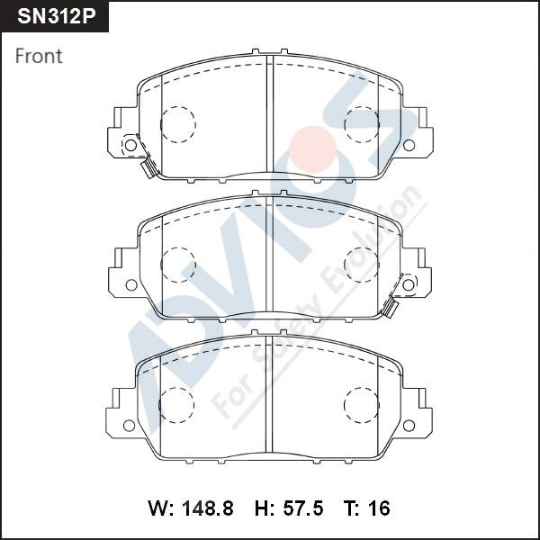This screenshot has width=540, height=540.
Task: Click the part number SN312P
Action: click(x=54, y=17)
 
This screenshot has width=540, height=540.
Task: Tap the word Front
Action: click(x=39, y=56)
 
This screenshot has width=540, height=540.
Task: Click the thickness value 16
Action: click(x=379, y=508)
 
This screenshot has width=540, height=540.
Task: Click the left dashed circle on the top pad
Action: click(x=177, y=124)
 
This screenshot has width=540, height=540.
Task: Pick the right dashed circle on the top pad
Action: click(x=363, y=124)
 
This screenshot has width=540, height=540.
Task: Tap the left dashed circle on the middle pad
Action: click(x=177, y=265)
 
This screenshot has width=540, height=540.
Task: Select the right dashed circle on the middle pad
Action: click(x=363, y=265)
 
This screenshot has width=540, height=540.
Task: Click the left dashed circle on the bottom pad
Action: click(x=177, y=404)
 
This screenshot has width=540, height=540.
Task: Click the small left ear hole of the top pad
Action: click(x=130, y=145)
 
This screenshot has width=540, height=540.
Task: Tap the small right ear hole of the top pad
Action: click(x=409, y=145)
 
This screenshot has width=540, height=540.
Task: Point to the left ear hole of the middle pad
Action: click(x=130, y=284)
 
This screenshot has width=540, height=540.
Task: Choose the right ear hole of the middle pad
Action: click(x=409, y=284)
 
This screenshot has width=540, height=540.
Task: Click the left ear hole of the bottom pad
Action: click(x=130, y=425)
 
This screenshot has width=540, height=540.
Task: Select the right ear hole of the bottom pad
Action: click(x=409, y=425)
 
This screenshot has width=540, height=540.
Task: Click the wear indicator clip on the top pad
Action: click(x=146, y=168)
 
